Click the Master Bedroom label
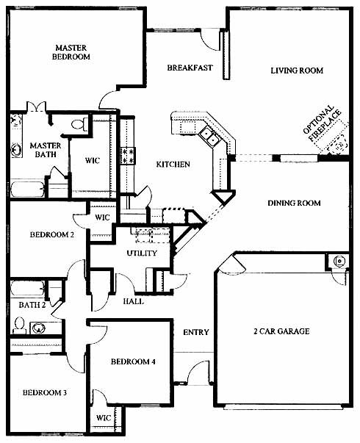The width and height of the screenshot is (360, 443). (x=71, y=52)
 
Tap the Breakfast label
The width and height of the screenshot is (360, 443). (x=190, y=68)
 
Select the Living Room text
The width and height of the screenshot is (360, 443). (x=297, y=71)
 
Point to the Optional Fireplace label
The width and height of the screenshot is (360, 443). (x=322, y=123)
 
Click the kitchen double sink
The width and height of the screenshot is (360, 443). (x=209, y=136)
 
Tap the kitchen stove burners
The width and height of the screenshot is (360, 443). (x=127, y=156)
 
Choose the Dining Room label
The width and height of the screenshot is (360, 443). (x=294, y=203)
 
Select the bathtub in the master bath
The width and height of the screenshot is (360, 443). (x=27, y=190)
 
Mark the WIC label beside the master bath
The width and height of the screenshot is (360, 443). (x=93, y=160)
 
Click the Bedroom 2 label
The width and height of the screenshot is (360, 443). (x=52, y=234)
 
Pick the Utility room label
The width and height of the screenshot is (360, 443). (x=142, y=253)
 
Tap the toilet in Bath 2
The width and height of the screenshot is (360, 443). (x=19, y=325)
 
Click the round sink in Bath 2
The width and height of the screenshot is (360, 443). (x=38, y=328)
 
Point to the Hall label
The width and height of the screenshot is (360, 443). (x=134, y=301)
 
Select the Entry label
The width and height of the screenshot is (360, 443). (x=196, y=332)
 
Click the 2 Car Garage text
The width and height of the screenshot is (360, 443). (x=281, y=331)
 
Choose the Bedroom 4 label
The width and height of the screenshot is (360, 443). (x=133, y=361)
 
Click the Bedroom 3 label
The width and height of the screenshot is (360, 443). (x=45, y=393)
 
